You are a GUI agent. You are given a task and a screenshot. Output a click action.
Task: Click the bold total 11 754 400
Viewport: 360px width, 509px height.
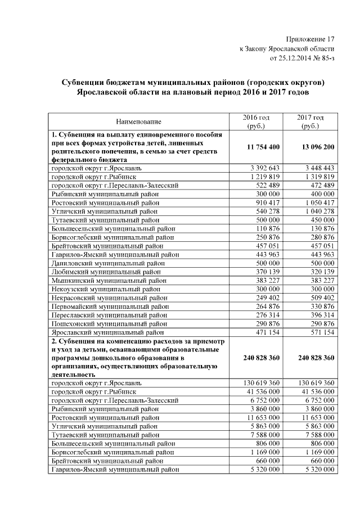pos(255,147)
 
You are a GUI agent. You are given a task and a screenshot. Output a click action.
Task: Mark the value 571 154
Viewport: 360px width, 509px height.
pos(322,332)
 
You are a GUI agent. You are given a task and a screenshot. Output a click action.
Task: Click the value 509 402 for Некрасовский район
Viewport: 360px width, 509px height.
pos(322,298)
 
